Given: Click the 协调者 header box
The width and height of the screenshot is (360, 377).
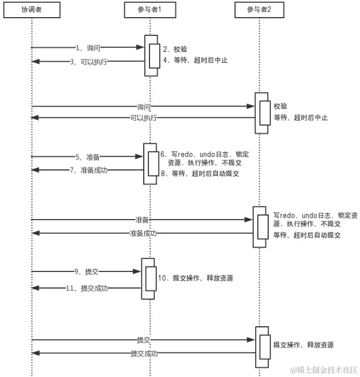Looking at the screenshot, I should click(x=32, y=10).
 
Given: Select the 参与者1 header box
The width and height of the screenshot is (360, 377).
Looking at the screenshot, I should click(x=150, y=10).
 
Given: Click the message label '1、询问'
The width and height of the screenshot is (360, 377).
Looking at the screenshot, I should click(x=87, y=48).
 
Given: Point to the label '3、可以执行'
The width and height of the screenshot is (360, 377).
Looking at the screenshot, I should click(x=88, y=62).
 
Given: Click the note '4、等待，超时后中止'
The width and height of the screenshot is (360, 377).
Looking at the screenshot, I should click(x=195, y=60).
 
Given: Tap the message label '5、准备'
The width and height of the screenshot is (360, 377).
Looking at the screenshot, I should click(x=87, y=157).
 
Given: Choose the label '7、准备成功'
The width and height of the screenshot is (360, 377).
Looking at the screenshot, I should click(x=88, y=170).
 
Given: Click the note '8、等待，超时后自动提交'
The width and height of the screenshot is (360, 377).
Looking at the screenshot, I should click(x=200, y=174).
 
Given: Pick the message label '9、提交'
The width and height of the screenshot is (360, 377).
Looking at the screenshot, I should click(x=87, y=271).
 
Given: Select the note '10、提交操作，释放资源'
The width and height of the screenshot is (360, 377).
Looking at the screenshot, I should click(x=195, y=278).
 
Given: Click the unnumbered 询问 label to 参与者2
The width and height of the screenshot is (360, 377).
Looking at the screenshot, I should click(x=144, y=107).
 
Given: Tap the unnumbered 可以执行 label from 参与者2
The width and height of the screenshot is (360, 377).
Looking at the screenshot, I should click(x=144, y=118).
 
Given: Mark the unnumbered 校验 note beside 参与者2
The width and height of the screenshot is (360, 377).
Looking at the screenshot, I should click(x=280, y=106).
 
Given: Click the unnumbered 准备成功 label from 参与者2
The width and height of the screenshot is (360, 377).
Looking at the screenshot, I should click(x=143, y=233).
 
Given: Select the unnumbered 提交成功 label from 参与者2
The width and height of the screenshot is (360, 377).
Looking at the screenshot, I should click(x=143, y=354).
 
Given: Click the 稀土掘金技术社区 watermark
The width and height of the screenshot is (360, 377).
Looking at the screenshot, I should click(x=324, y=370).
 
